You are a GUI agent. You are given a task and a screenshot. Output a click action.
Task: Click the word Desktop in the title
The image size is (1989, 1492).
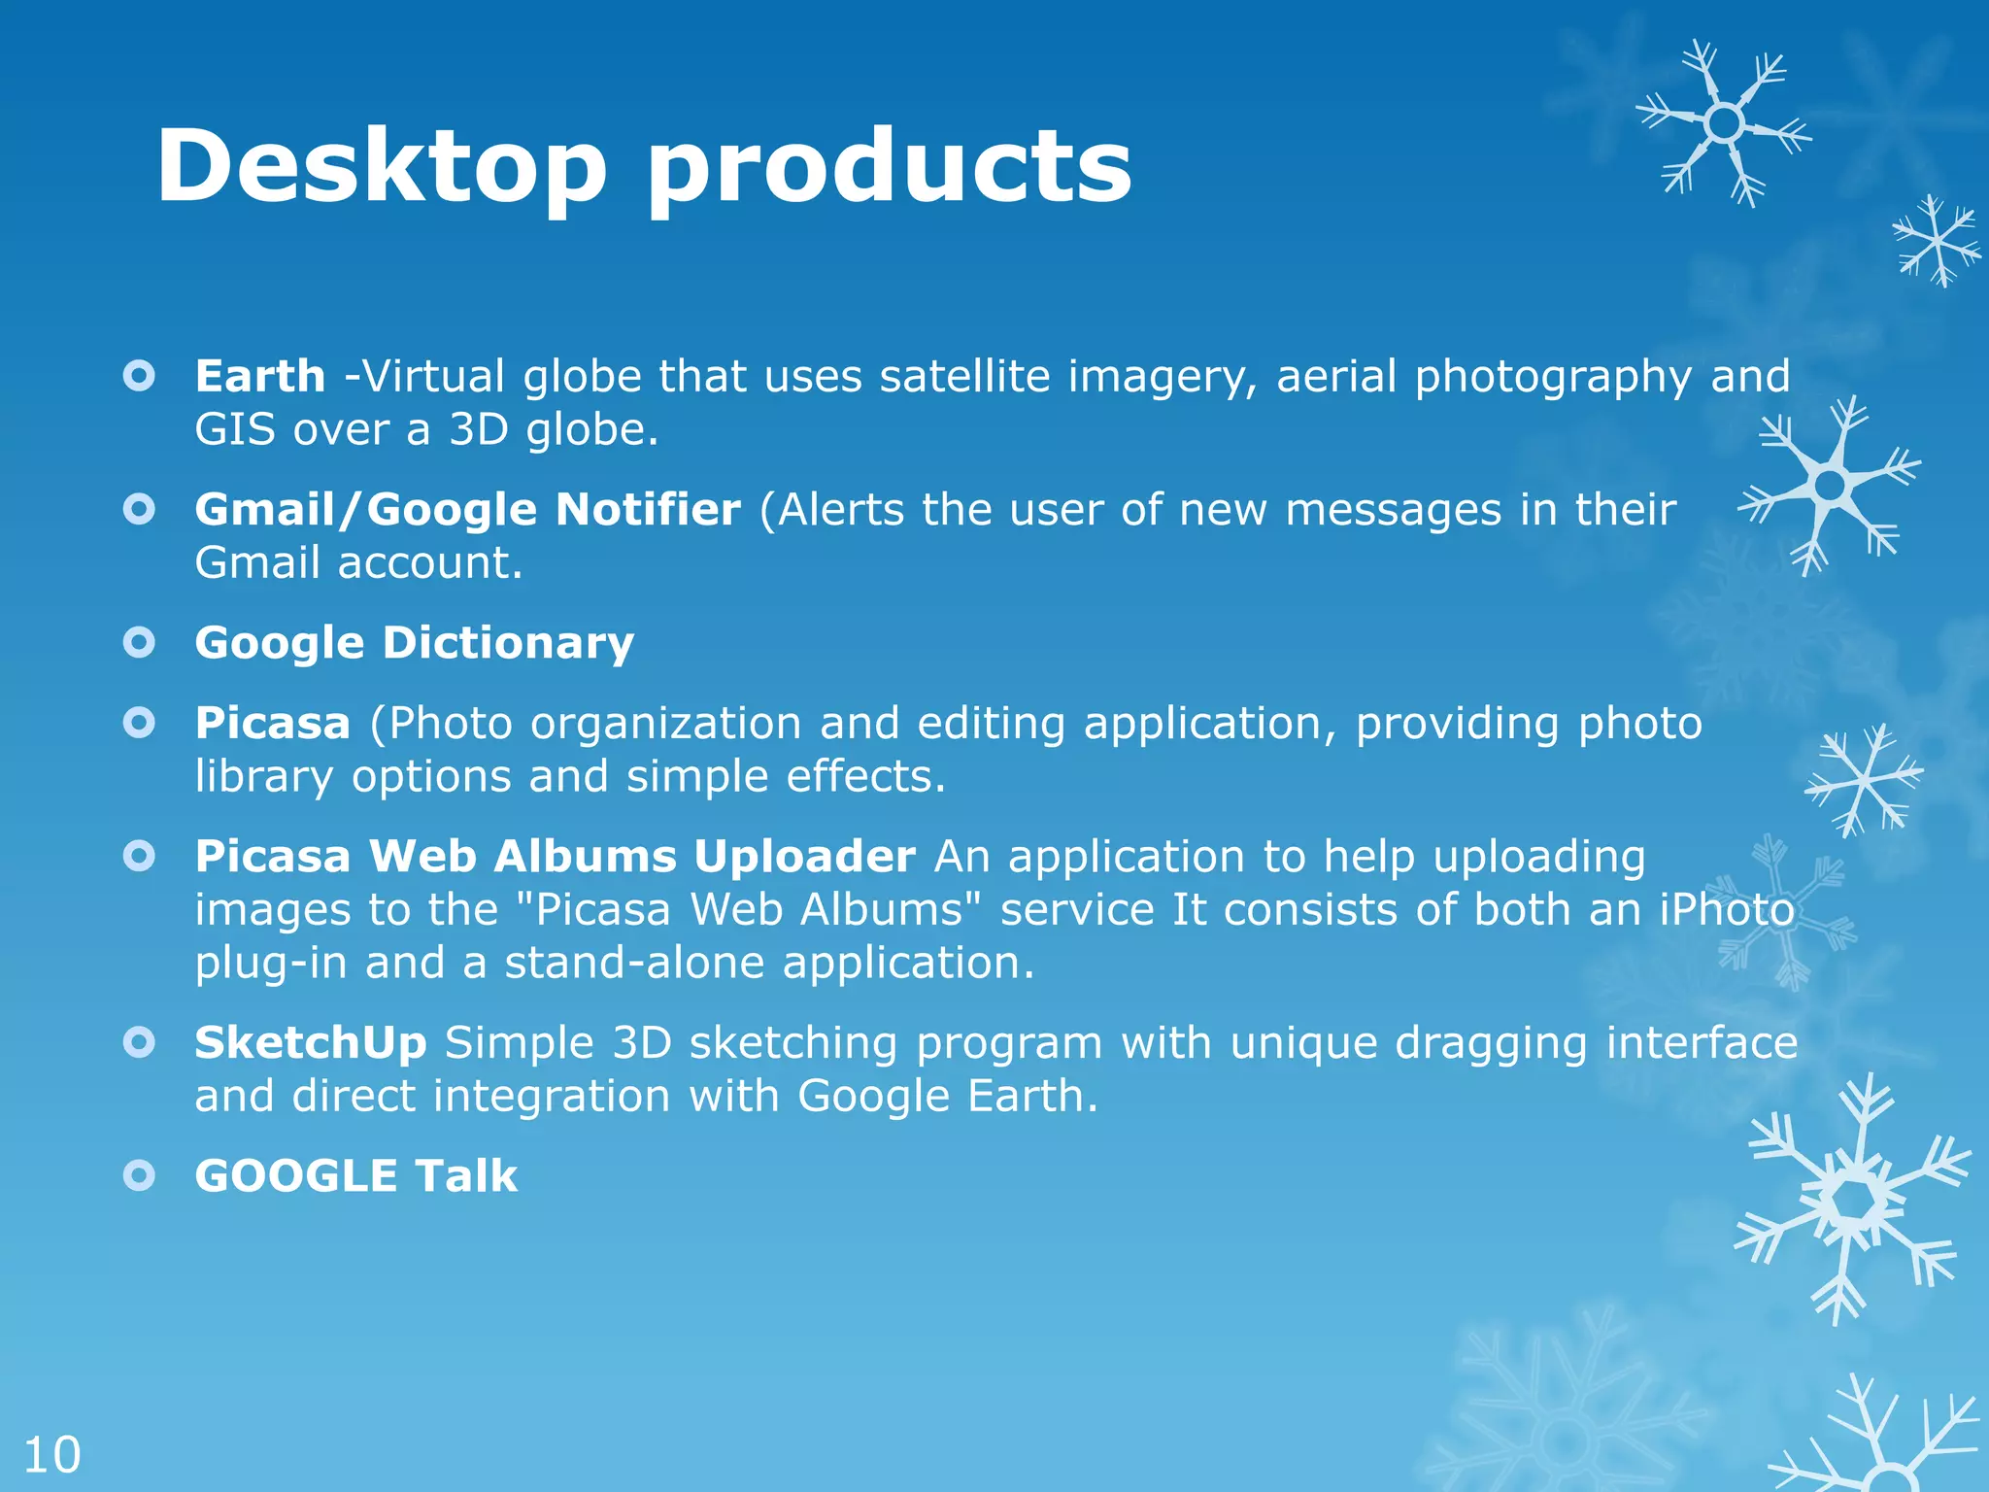click(381, 167)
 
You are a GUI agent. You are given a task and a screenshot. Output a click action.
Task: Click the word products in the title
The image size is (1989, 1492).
click(889, 167)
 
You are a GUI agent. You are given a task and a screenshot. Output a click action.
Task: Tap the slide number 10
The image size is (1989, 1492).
click(51, 1455)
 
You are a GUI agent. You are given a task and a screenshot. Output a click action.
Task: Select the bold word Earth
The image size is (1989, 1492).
click(259, 377)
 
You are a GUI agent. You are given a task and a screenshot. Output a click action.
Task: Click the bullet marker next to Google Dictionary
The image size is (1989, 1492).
click(140, 642)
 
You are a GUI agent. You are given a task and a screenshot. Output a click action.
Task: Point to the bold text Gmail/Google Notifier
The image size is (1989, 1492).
click(467, 510)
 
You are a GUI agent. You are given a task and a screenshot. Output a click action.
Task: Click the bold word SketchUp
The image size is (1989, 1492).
click(310, 1043)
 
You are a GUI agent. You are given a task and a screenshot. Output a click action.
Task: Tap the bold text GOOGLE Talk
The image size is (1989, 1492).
click(355, 1176)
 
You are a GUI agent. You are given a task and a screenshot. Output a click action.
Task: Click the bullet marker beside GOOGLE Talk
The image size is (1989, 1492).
click(140, 1176)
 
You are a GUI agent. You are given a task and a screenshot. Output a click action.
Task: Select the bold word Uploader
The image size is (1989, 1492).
click(804, 857)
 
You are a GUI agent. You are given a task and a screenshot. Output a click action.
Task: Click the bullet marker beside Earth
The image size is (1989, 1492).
click(140, 376)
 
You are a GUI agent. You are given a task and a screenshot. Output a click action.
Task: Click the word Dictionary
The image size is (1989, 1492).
click(508, 643)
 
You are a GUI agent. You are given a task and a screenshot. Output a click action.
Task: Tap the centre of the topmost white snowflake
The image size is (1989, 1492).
click(1724, 123)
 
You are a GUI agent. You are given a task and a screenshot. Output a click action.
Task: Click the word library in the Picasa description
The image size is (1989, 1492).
click(263, 777)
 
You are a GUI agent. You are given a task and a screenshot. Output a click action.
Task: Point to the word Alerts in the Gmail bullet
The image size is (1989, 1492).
click(840, 510)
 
